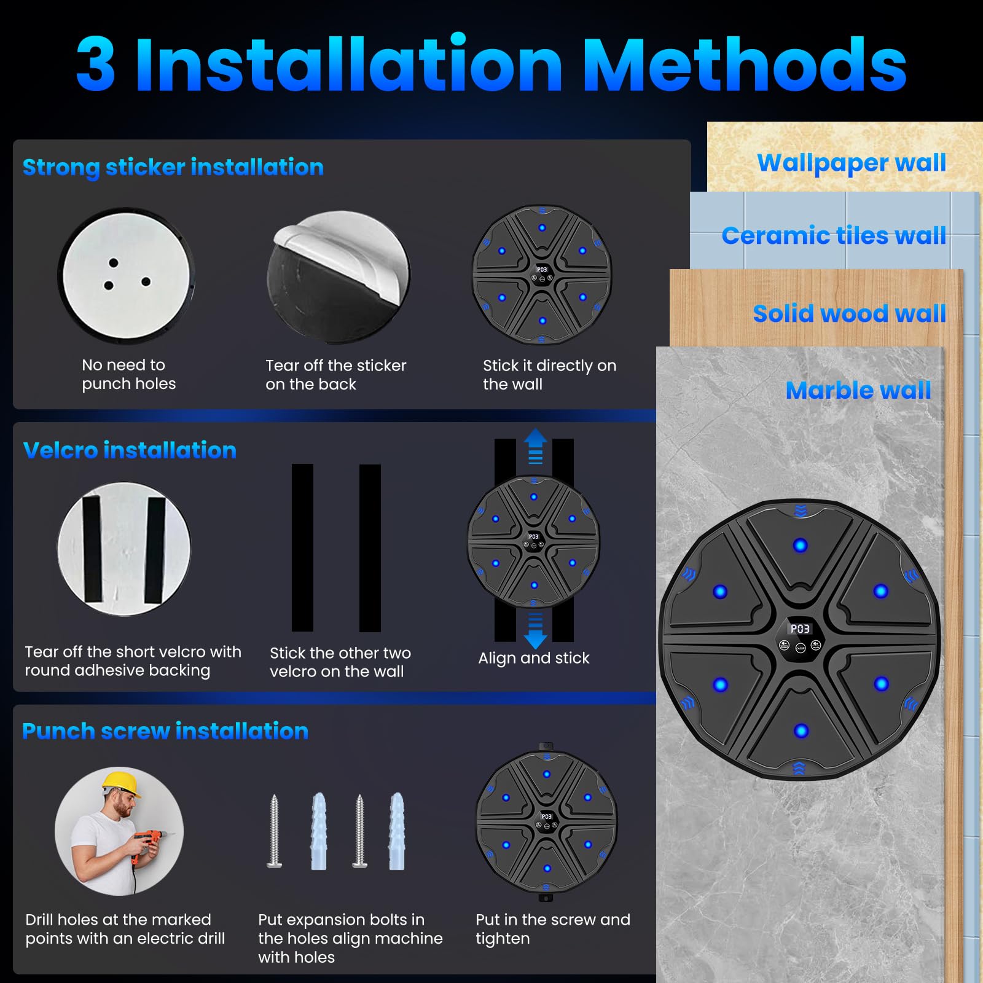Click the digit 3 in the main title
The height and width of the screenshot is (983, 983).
point(96,65)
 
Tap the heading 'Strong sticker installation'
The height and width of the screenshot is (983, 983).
point(173,167)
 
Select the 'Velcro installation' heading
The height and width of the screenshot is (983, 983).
point(130,450)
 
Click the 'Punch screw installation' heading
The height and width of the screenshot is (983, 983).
point(165,731)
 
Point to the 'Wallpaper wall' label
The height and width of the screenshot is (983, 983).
point(852,163)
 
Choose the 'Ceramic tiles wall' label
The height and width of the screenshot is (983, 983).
point(834,235)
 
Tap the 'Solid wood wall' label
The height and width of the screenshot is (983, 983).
point(850,313)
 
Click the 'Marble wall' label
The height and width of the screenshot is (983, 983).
point(858,390)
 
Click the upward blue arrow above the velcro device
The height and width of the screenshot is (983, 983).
point(535,445)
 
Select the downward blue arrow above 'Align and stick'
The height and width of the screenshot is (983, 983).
point(535,631)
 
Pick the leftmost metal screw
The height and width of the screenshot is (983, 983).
point(275,831)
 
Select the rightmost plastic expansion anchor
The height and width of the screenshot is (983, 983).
point(397,831)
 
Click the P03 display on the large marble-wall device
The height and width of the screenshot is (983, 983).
point(800,629)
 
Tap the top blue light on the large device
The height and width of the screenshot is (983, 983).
point(800,545)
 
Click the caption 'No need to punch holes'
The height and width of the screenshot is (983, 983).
point(128,374)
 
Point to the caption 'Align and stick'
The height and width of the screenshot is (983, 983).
point(534,658)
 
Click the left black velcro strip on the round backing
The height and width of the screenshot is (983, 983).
point(92,549)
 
